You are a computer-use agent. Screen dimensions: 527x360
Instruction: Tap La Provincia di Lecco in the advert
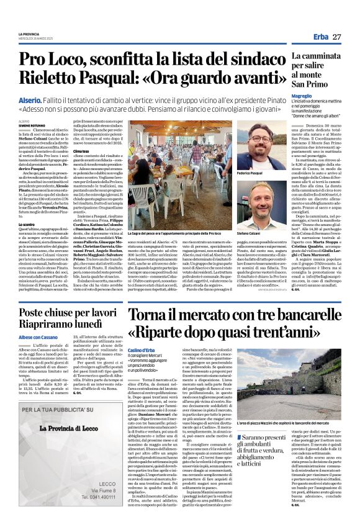72,433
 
